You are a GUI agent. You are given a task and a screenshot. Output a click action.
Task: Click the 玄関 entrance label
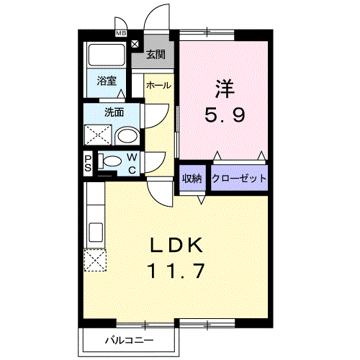click(156, 54)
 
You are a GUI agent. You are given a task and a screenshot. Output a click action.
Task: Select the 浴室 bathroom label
click(107, 81)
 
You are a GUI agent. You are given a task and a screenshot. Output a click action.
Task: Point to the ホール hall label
click(158, 86)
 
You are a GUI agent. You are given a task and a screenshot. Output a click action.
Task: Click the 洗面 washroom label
click(113, 112)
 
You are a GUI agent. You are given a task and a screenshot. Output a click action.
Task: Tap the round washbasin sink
click(127, 135)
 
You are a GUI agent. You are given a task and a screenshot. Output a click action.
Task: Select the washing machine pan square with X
click(97, 135)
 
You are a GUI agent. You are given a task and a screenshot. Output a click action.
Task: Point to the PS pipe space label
click(88, 163)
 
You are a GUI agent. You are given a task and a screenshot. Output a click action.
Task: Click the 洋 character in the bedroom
click(222, 89)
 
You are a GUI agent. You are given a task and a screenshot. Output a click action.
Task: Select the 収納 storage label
click(192, 178)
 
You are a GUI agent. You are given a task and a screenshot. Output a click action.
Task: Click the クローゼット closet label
click(238, 178)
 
